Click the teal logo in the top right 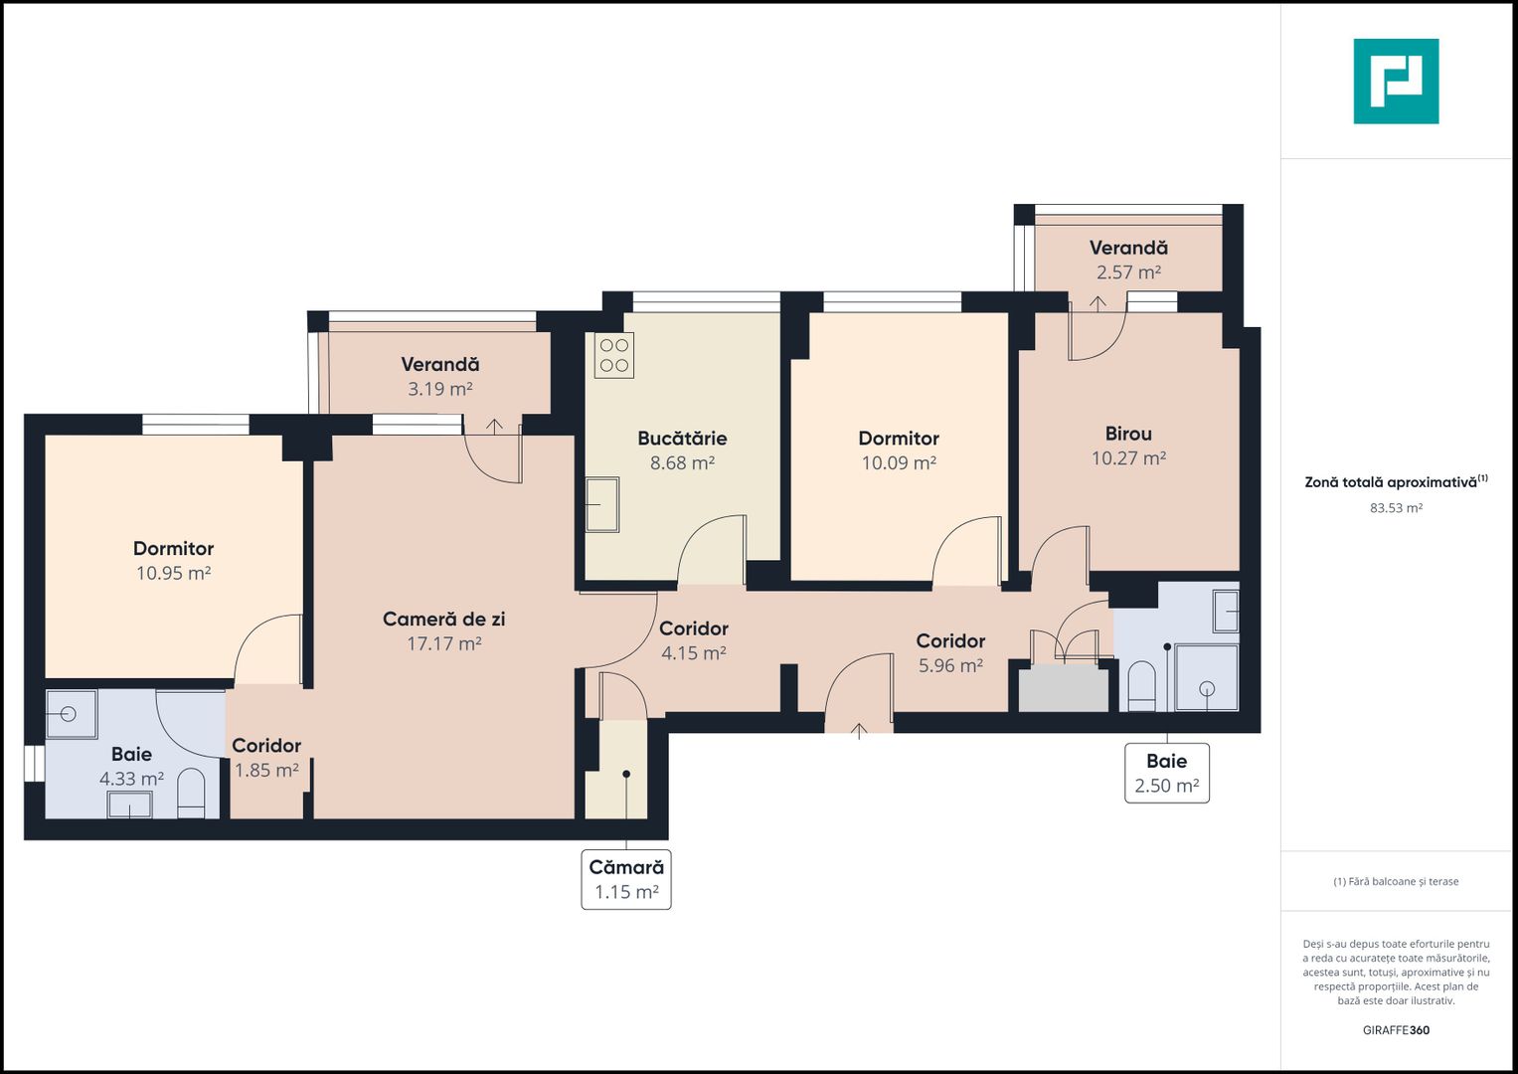pyautogui.click(x=1396, y=82)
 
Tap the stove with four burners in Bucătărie pyautogui.click(x=614, y=356)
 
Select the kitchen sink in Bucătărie pyautogui.click(x=601, y=505)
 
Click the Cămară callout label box pyautogui.click(x=626, y=879)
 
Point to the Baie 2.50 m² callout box pyautogui.click(x=1166, y=773)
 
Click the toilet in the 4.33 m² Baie pyautogui.click(x=191, y=793)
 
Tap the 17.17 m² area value pyautogui.click(x=443, y=643)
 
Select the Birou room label pyautogui.click(x=1128, y=434)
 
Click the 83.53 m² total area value pyautogui.click(x=1396, y=508)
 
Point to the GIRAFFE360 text pyautogui.click(x=1396, y=1030)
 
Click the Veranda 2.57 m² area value pyautogui.click(x=1128, y=272)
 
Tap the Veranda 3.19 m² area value pyautogui.click(x=439, y=389)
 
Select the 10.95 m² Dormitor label pyautogui.click(x=173, y=549)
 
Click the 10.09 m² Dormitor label pyautogui.click(x=899, y=439)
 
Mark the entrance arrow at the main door pyautogui.click(x=859, y=731)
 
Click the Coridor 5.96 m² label pyautogui.click(x=950, y=641)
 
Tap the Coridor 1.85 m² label pyautogui.click(x=266, y=746)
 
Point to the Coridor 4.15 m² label pyautogui.click(x=694, y=628)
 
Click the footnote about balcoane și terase pyautogui.click(x=1396, y=881)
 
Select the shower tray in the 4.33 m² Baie pyautogui.click(x=72, y=714)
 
